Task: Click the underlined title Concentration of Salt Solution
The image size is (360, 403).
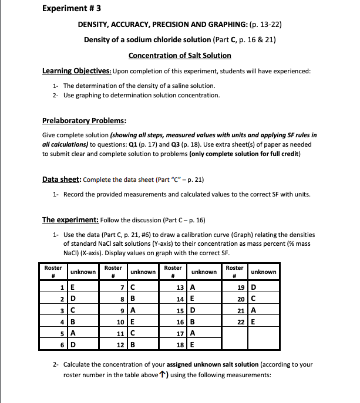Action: pyautogui.click(x=180, y=55)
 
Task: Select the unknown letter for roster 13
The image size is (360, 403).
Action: pyautogui.click(x=194, y=287)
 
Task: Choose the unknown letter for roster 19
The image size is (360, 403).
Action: pyautogui.click(x=253, y=287)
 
